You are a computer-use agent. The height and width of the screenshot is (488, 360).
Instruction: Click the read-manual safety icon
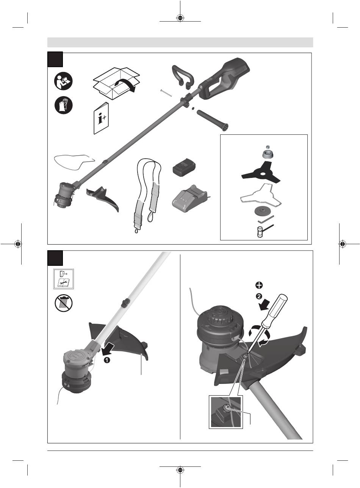(63, 81)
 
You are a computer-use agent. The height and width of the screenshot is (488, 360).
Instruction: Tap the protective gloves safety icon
(63, 105)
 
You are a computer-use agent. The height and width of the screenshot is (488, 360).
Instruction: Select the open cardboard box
(116, 83)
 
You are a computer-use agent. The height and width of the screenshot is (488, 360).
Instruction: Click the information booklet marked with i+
(101, 118)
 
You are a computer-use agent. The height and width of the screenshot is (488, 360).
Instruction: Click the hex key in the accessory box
(266, 220)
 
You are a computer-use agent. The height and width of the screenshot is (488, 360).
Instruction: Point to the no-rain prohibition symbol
(63, 303)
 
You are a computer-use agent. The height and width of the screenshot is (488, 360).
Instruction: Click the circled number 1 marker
(107, 360)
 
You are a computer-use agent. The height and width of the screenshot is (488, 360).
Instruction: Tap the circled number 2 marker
(259, 296)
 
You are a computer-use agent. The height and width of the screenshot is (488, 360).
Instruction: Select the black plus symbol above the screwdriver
(259, 285)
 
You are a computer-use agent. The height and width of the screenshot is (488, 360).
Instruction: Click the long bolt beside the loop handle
(166, 93)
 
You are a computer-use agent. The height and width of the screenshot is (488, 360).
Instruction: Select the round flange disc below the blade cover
(261, 210)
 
